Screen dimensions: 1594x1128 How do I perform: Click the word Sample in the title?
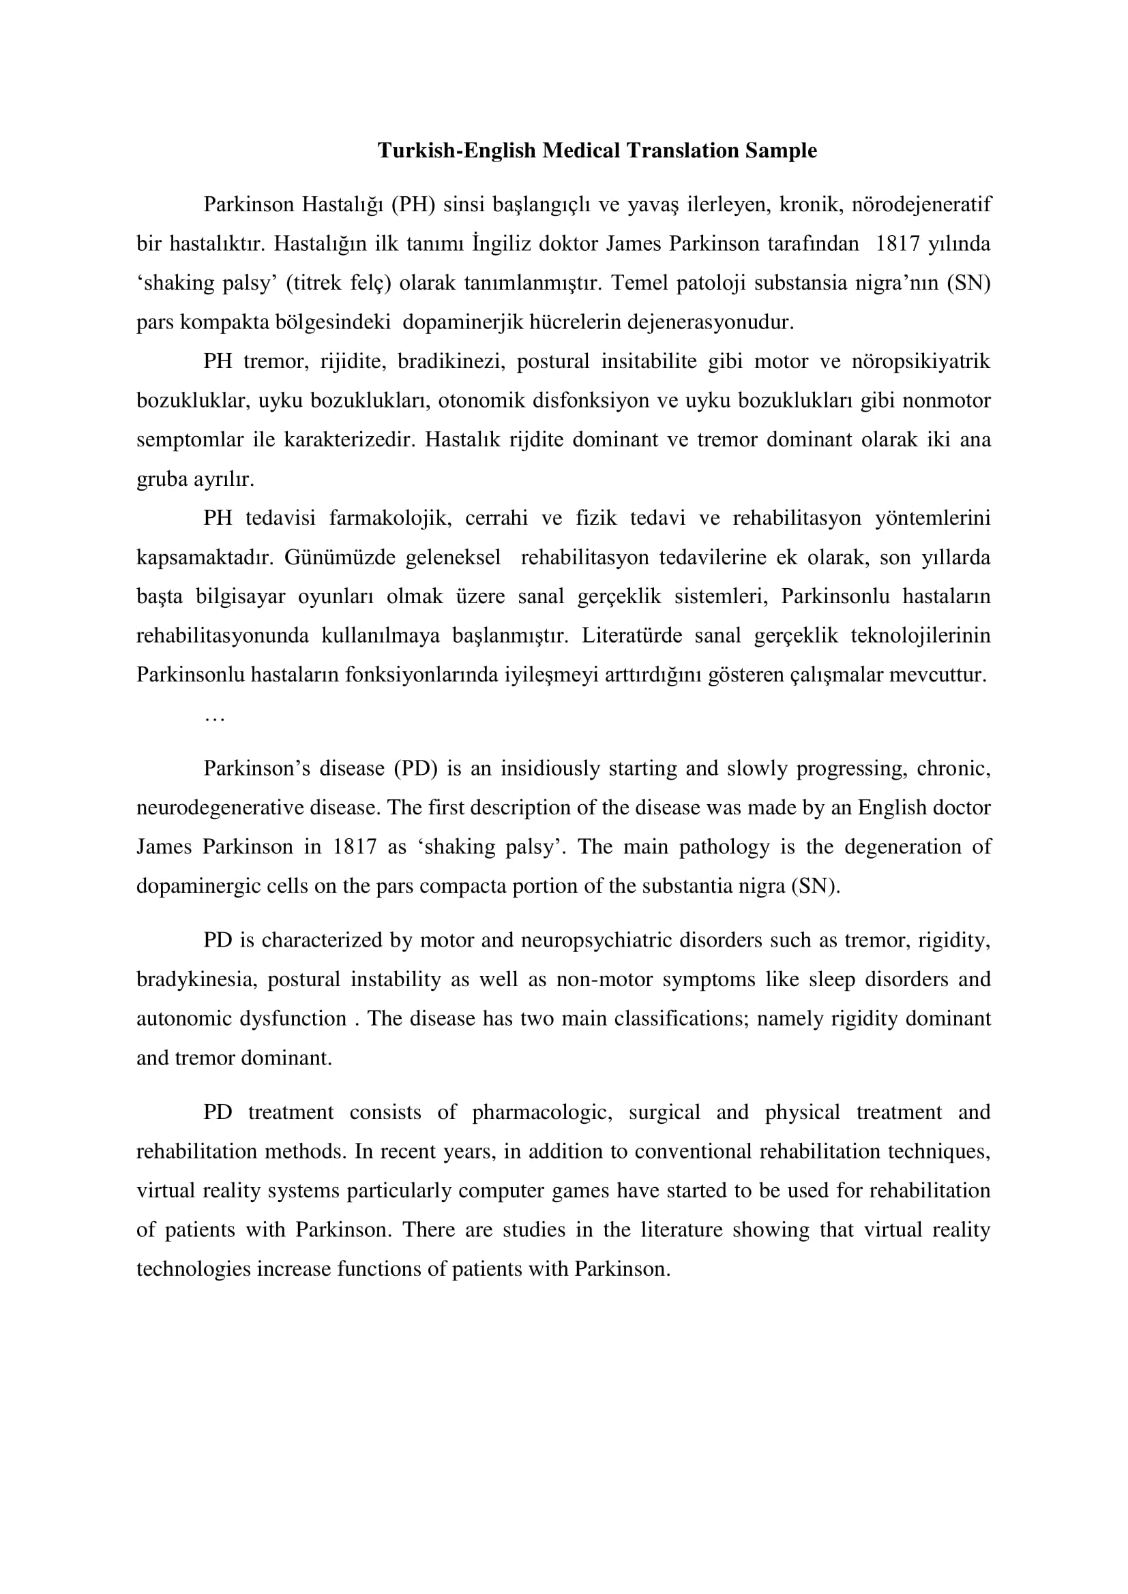point(781,150)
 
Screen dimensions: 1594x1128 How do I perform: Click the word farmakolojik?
point(389,518)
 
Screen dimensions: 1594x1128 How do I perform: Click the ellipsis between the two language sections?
point(214,718)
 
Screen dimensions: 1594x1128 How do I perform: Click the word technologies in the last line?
point(193,1269)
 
